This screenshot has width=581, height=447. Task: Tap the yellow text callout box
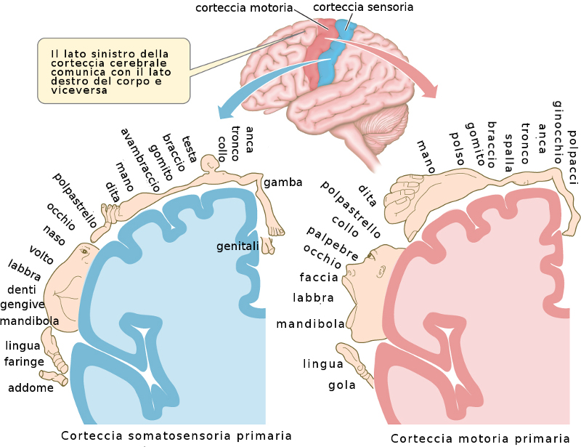point(114,72)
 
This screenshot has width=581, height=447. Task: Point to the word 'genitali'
point(238,246)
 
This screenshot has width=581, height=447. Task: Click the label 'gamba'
point(283,182)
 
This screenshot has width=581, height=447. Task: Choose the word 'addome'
point(31,388)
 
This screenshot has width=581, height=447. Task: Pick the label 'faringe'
point(25,361)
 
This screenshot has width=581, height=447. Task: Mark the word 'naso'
point(54,236)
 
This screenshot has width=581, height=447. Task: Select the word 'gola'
point(342,384)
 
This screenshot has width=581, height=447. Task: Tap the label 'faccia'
point(319,277)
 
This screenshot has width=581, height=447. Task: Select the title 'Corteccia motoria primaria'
point(480,438)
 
